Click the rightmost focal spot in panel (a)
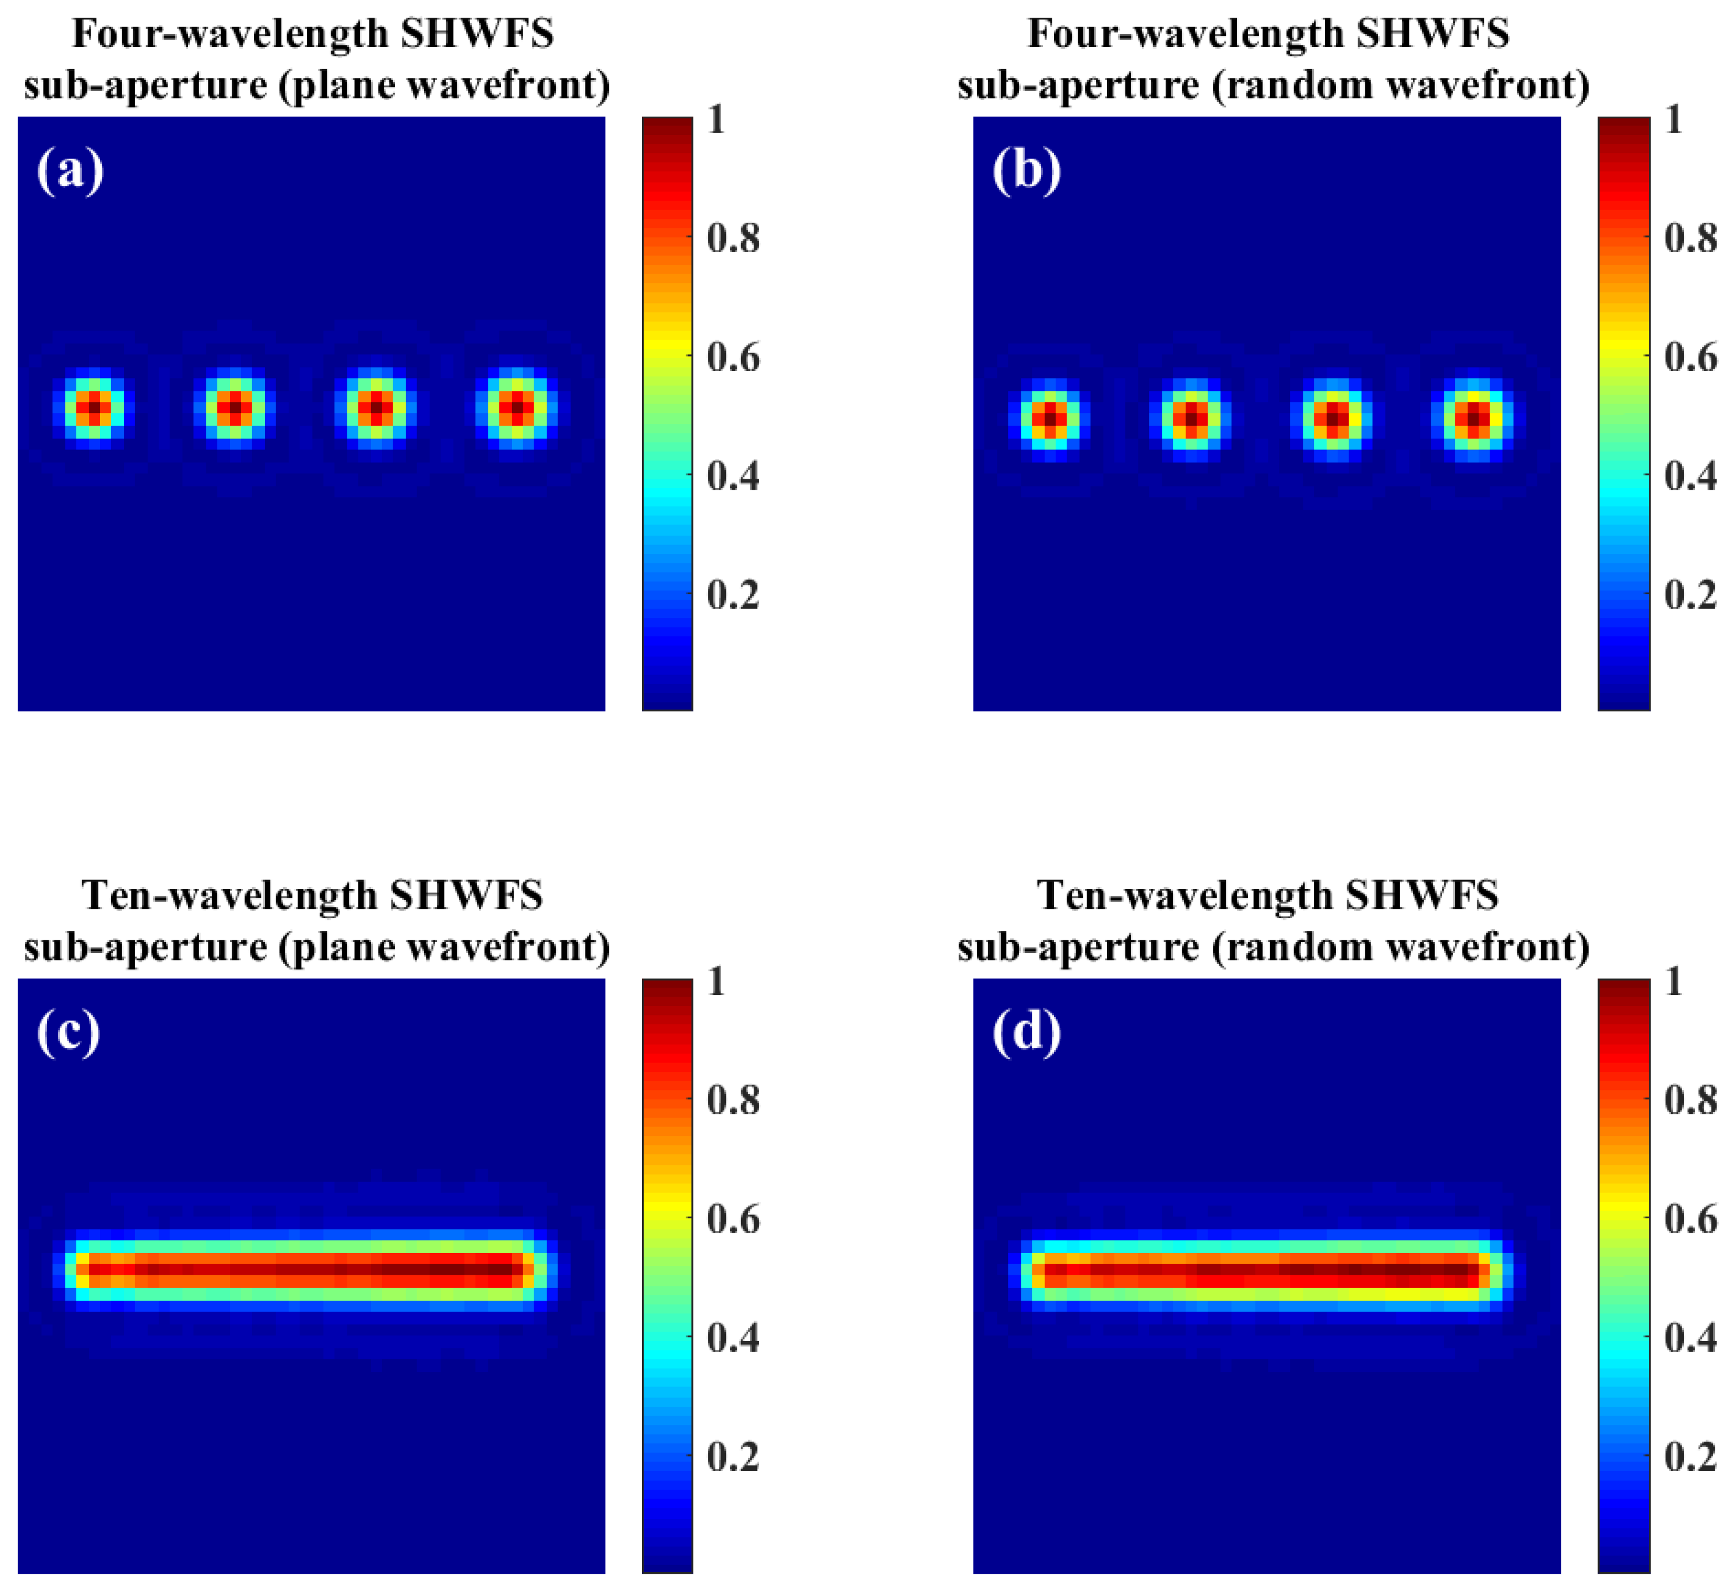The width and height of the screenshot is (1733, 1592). coord(516,407)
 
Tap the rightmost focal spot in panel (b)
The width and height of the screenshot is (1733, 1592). coord(1474,418)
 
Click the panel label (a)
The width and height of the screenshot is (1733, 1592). coord(70,170)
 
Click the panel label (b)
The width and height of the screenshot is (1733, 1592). coord(1026,170)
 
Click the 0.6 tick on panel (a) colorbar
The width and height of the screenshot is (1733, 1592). coord(733,357)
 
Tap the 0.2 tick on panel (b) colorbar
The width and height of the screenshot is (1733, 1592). coord(1690,594)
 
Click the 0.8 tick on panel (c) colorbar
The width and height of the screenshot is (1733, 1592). coord(733,1100)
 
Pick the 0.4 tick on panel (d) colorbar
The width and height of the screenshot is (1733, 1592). coord(1690,1338)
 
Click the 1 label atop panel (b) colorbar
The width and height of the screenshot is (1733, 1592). coord(1673,119)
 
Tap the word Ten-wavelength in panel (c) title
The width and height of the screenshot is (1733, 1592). coord(228,896)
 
